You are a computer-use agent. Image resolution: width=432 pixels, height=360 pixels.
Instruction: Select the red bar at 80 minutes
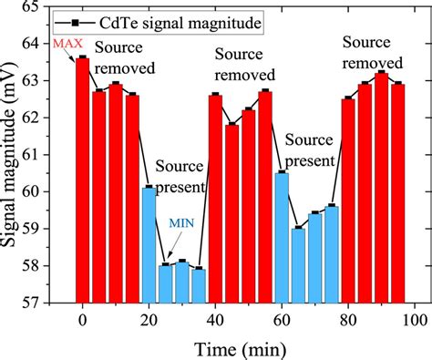pyautogui.click(x=348, y=201)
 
